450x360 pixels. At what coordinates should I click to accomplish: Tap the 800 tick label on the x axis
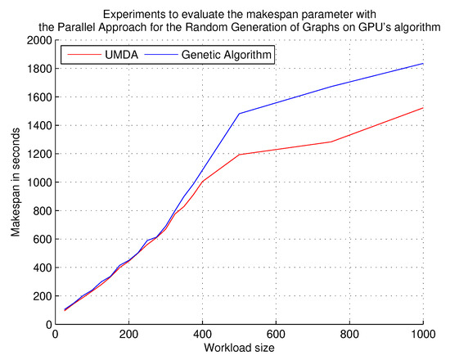[349, 335]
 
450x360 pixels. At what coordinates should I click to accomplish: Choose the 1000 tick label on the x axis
[422, 335]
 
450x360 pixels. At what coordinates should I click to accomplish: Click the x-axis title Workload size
[239, 349]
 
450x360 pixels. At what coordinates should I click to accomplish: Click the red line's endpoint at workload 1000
[423, 108]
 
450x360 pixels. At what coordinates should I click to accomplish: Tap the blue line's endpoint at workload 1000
[423, 64]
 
